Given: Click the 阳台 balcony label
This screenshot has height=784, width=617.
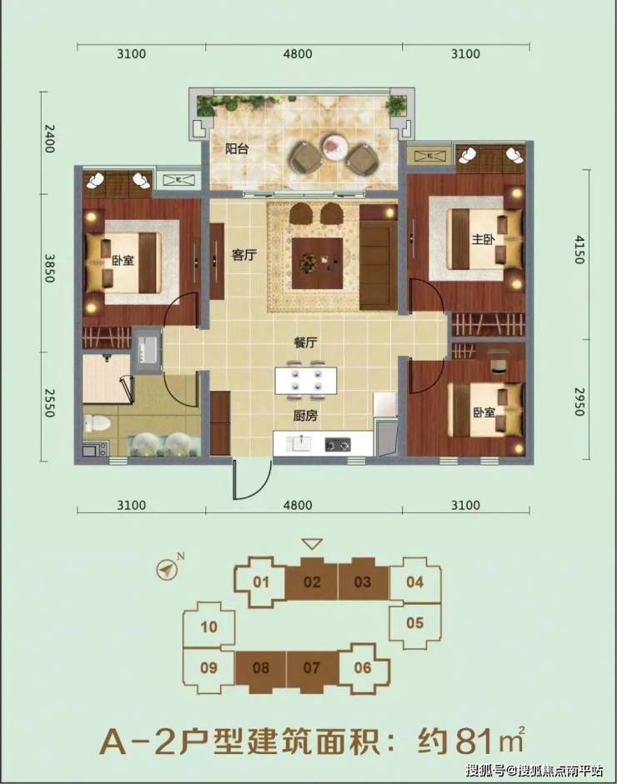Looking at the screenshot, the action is click(236, 148).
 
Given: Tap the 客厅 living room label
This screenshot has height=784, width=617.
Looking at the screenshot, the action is click(244, 255).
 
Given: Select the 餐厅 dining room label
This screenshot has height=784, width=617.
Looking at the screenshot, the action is click(305, 343).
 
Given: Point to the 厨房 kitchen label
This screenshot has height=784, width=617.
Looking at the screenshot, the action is click(305, 416).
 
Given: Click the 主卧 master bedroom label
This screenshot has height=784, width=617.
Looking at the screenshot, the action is click(483, 239).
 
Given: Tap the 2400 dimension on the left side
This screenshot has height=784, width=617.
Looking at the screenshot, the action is click(49, 138).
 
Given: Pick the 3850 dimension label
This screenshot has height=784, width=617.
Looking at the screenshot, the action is click(49, 268).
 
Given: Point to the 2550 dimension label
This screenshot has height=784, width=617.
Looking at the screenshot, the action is click(49, 403).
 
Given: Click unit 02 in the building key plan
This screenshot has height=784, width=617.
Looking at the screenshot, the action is click(312, 582).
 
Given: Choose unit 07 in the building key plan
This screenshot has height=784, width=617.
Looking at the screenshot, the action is click(311, 667).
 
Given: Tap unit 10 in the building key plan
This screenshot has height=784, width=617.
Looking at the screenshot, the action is click(208, 627).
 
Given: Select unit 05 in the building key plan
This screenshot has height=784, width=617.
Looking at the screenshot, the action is click(415, 623).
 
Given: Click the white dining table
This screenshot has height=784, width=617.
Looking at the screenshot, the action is click(305, 381).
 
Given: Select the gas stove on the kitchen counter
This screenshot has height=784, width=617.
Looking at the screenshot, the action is click(338, 443).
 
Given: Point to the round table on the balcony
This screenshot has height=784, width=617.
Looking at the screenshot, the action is click(335, 147).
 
